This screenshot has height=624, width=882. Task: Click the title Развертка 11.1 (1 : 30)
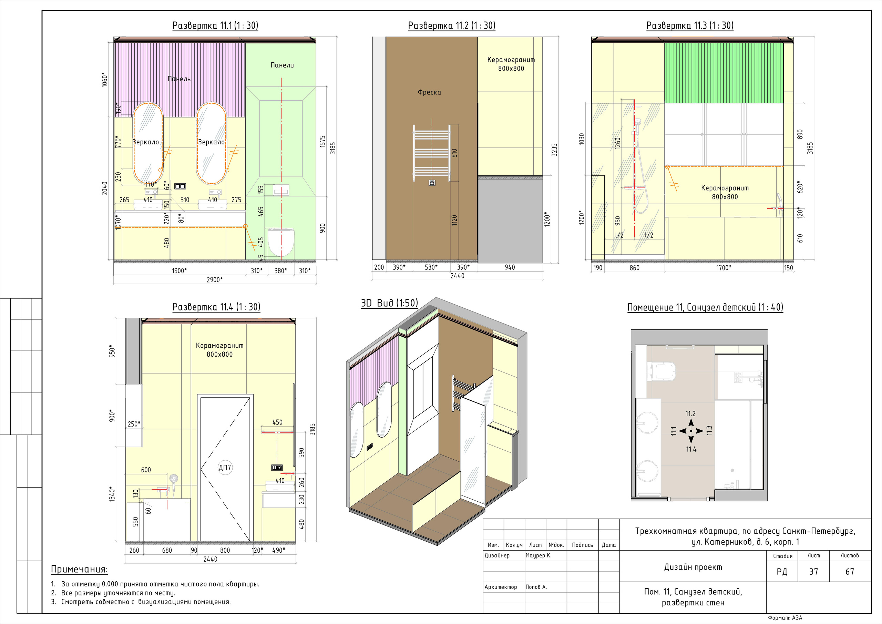coord(215,26)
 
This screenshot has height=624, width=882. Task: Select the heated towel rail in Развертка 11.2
coord(431,153)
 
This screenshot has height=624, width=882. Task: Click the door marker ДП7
coord(225,467)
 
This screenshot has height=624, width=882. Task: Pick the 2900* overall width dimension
coord(215,280)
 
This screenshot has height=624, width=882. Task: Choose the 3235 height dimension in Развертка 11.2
coord(554,150)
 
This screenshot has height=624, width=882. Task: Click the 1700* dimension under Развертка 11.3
coord(724,268)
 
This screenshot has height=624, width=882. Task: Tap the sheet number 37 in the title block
coord(814,571)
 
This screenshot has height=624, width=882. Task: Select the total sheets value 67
coord(850,571)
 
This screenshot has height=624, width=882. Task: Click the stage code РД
coord(782,572)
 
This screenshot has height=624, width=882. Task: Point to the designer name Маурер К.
coord(539,555)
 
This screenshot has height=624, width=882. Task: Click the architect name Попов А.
coord(536,587)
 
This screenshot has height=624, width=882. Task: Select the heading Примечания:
coord(80,570)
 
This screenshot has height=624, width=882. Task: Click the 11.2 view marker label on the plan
coord(691,413)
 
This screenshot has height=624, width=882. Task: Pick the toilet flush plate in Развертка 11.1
coord(281,190)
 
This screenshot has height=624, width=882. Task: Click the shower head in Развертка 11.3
coord(637,122)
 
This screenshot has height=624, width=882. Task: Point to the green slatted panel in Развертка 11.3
coord(724,73)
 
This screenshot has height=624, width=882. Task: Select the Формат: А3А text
coord(785,618)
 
